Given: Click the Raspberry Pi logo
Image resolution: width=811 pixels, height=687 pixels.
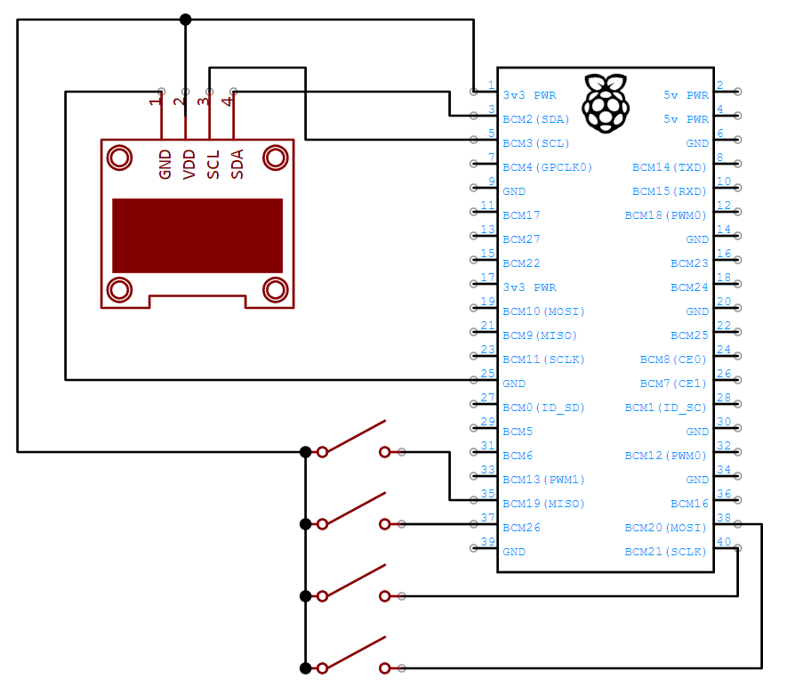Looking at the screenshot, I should [x=605, y=104].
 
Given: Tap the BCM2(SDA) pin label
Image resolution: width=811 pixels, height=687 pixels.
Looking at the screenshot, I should [x=535, y=119].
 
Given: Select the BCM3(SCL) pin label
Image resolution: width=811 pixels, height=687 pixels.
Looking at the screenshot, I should [x=535, y=143].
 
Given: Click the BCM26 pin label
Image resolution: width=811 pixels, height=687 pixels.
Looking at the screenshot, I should [x=521, y=528].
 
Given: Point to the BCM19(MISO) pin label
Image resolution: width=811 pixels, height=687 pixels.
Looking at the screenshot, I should [x=543, y=504].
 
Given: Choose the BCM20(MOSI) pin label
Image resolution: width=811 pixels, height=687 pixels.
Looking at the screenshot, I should [x=666, y=528].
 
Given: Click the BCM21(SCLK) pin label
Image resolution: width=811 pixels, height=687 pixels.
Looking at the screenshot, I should [x=666, y=552].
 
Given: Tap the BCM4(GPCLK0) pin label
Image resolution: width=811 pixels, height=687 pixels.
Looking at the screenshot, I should [x=547, y=167].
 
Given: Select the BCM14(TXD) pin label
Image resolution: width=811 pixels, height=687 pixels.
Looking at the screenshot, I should [x=670, y=167].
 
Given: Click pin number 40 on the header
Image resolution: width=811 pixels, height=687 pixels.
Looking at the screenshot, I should [x=725, y=542].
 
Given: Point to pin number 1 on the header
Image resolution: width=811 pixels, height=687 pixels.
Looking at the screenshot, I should [x=491, y=85].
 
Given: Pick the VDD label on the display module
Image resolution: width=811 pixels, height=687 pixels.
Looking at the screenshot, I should [x=189, y=165].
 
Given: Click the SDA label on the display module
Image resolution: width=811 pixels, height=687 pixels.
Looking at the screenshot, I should [x=237, y=165].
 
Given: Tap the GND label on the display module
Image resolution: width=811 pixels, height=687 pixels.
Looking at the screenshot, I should [x=165, y=165].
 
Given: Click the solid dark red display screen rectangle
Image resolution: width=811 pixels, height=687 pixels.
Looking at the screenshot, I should [x=197, y=236].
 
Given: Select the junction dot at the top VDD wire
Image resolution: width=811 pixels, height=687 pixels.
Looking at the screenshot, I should [x=185, y=20].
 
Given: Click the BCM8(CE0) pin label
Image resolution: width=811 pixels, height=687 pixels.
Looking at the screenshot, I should [x=673, y=360].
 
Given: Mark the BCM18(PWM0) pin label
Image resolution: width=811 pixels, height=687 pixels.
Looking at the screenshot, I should [x=666, y=215].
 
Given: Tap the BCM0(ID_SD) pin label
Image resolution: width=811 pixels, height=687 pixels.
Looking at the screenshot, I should [x=543, y=408].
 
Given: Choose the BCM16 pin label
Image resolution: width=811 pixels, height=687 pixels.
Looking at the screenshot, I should [x=690, y=504].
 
